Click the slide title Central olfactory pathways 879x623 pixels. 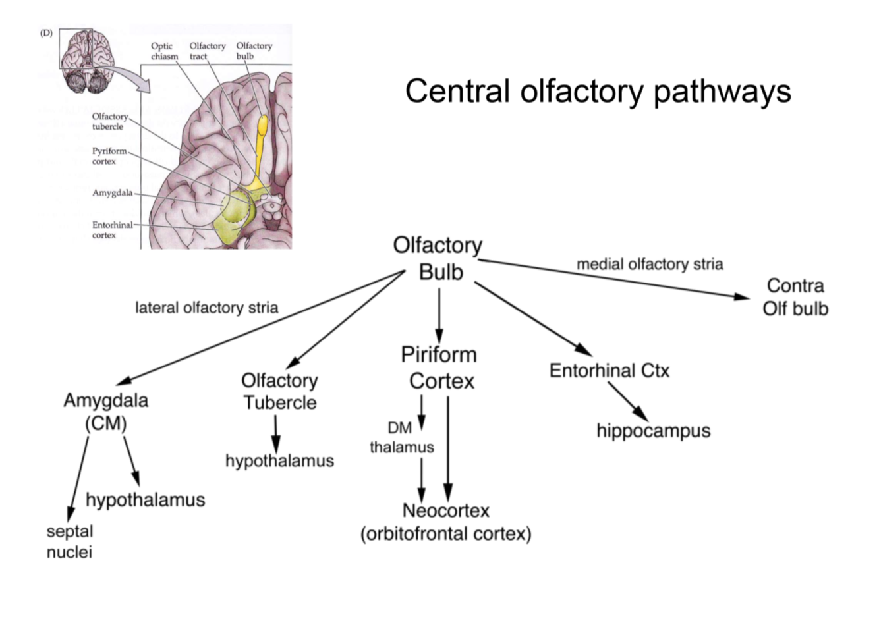pos(598,90)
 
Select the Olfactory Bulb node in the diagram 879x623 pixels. pos(438,258)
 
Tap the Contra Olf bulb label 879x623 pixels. pos(795,297)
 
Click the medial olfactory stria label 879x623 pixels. pos(650,264)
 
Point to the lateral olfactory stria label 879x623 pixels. pos(206,308)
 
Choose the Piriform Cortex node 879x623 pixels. pos(440,367)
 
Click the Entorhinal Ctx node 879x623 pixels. pos(609,370)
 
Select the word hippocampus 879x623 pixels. pos(653,431)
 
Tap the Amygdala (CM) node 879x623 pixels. pos(105,411)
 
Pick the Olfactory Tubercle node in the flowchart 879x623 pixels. pos(279,391)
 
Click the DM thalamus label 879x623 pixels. pos(401,437)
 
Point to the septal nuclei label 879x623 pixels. pos(69,541)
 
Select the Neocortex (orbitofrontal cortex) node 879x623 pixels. pos(445,522)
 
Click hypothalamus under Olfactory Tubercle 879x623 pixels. pos(279,460)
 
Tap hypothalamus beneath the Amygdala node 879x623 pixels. pos(145,500)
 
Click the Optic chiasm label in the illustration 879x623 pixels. pos(164,51)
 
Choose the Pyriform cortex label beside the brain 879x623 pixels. pos(108,156)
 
